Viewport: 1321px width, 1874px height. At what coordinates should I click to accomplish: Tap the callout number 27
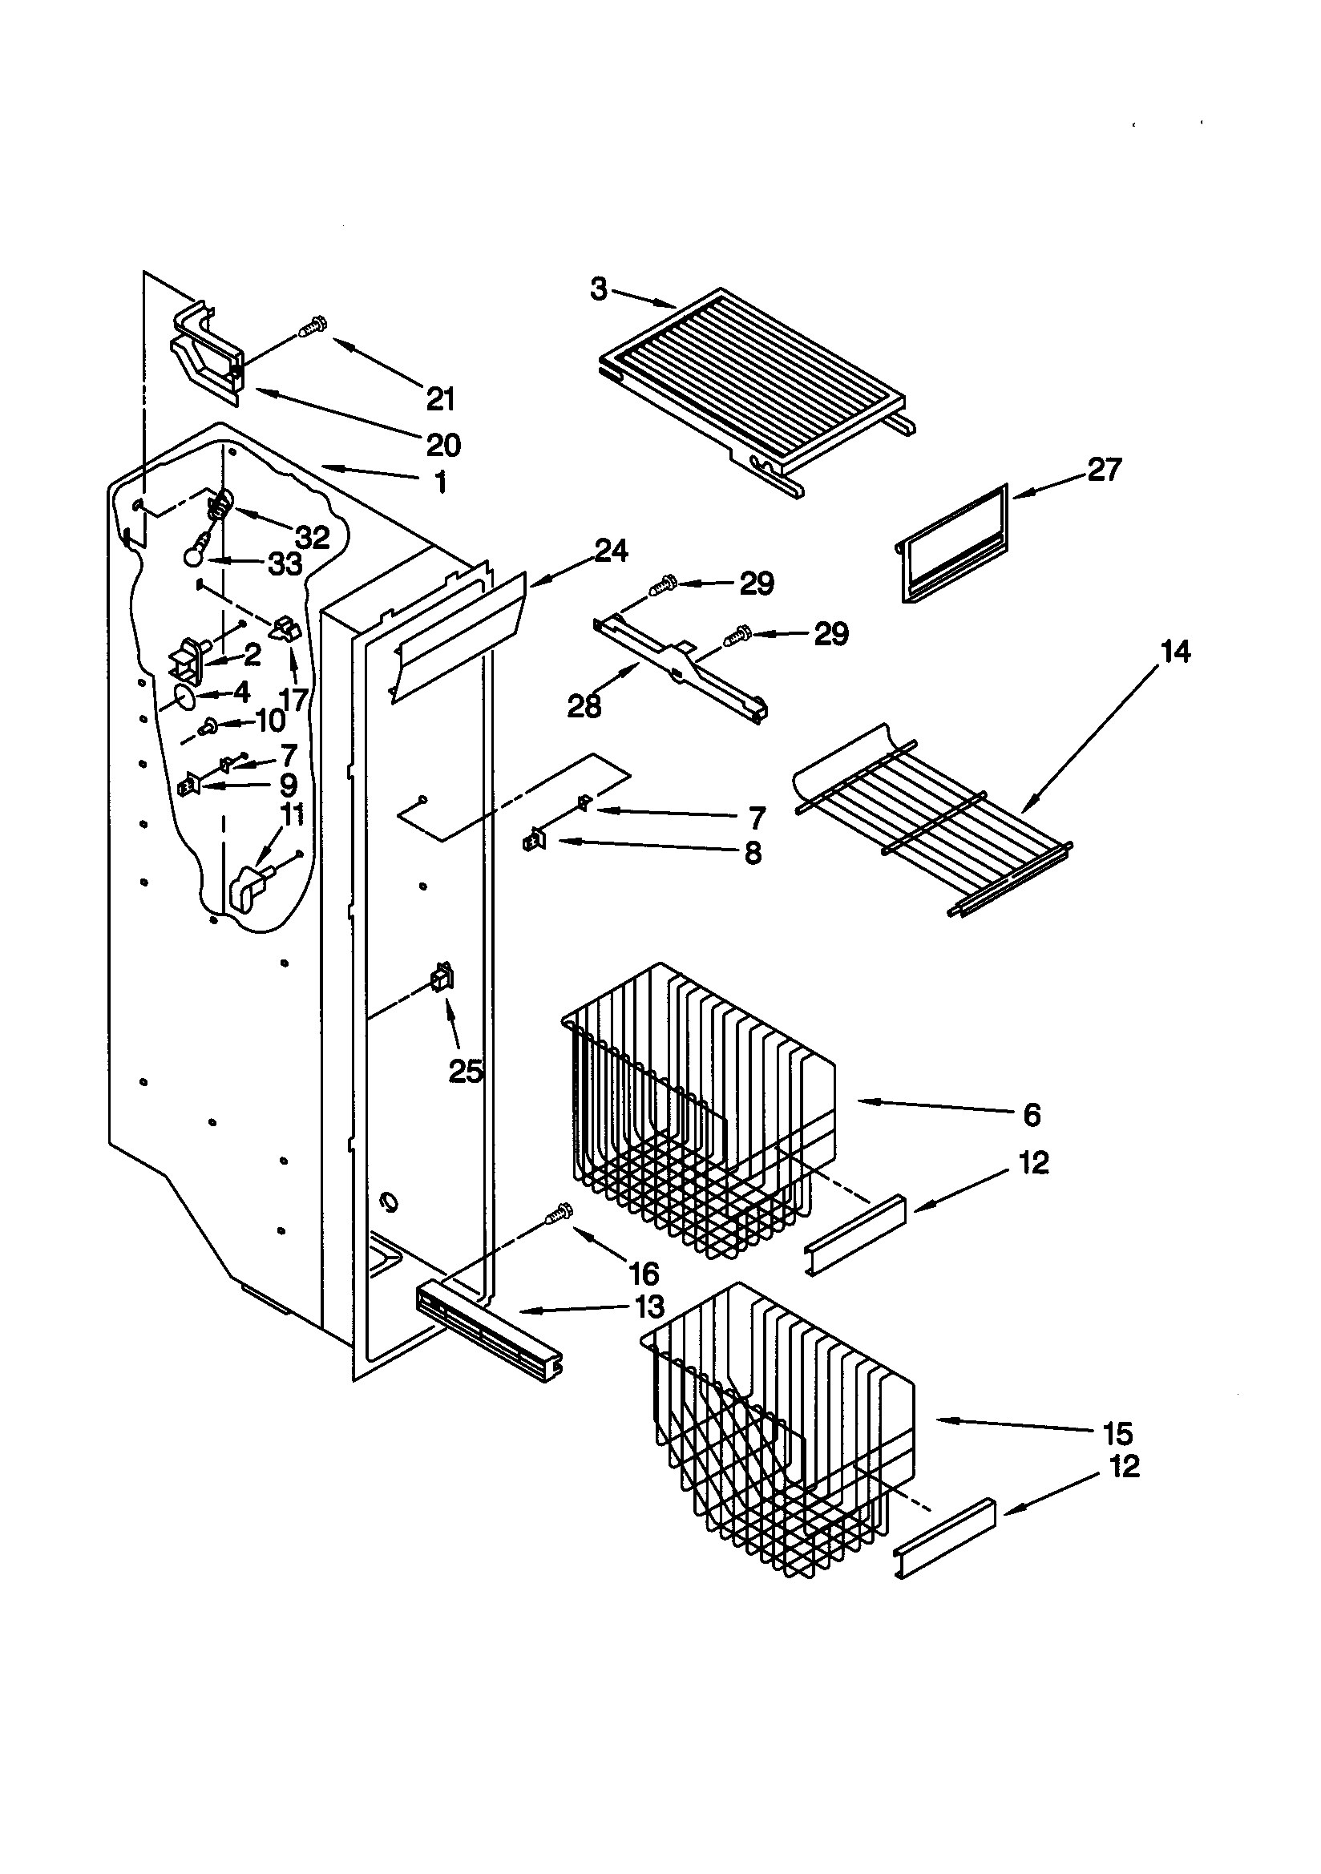(1104, 470)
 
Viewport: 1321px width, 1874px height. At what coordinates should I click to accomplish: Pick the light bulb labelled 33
(193, 555)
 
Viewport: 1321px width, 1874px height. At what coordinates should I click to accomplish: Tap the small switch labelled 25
(443, 976)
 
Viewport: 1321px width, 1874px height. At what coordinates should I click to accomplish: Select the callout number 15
(1117, 1432)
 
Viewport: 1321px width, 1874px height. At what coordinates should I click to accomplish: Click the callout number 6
(1032, 1114)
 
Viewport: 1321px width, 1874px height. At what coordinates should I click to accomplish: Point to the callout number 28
(584, 706)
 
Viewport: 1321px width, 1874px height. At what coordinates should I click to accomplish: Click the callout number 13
(649, 1306)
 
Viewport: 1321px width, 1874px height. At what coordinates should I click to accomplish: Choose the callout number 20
(443, 445)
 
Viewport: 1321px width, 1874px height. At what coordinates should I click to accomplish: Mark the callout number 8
(752, 854)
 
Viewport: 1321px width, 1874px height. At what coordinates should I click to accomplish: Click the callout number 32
(312, 537)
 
